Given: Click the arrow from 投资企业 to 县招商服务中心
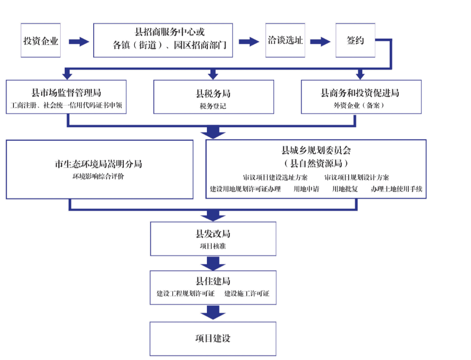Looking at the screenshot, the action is click(79, 42).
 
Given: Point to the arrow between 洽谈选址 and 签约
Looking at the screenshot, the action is click(320, 42).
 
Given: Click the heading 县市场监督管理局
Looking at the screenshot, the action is click(66, 93).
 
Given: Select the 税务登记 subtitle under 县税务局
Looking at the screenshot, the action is click(213, 106).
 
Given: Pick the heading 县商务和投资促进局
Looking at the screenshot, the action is click(360, 93).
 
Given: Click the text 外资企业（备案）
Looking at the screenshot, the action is click(359, 105).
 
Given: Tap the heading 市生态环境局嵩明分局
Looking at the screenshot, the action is click(99, 164).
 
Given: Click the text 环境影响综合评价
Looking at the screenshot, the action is click(98, 176).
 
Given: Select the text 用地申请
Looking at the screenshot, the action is click(306, 189).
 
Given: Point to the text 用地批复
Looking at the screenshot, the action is click(345, 189).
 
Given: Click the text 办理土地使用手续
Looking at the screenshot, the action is click(396, 189).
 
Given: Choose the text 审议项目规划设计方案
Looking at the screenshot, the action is click(357, 177).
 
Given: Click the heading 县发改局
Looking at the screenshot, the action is click(213, 234).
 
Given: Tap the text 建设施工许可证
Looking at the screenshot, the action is click(247, 293).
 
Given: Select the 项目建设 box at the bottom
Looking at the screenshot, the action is click(213, 338).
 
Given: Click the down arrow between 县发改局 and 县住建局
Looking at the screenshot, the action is click(213, 264).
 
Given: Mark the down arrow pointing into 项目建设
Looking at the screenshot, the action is click(213, 312).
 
